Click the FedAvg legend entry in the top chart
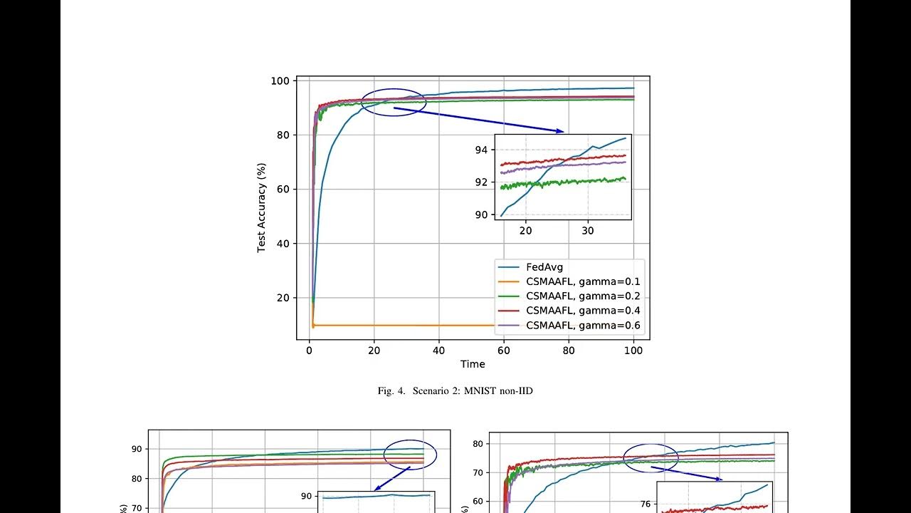pos(544,267)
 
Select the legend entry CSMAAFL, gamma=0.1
pos(583,281)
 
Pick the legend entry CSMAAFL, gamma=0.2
pos(583,296)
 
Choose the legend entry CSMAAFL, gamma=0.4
pos(583,311)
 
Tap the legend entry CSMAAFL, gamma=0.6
pos(583,326)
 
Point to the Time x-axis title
pos(473,364)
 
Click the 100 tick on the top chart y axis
pos(280,81)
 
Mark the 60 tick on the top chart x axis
pos(503,351)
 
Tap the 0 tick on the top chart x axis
pos(309,351)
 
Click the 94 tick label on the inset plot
pos(482,150)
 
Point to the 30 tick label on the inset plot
pos(588,231)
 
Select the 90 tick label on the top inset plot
pos(482,214)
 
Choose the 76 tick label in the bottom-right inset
pos(646,504)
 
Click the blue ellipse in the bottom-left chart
pos(409,454)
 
